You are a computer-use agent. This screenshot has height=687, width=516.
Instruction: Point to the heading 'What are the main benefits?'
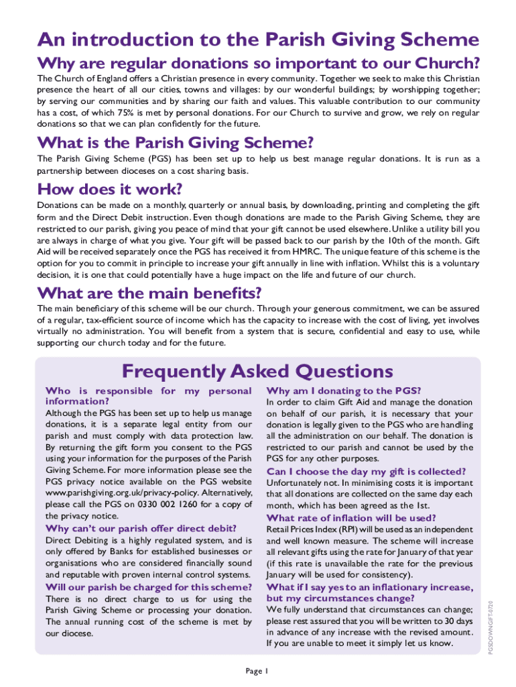(149, 293)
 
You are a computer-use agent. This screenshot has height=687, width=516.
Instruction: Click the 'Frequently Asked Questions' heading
(258, 371)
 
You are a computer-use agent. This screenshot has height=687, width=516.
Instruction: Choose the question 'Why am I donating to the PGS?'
(343, 390)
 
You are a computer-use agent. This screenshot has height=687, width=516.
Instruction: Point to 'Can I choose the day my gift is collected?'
(366, 471)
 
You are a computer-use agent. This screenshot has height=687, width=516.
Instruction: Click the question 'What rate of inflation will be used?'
(351, 518)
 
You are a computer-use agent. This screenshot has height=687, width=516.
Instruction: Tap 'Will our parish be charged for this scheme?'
(147, 587)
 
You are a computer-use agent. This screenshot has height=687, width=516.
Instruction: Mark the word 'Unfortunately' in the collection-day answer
(296, 482)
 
